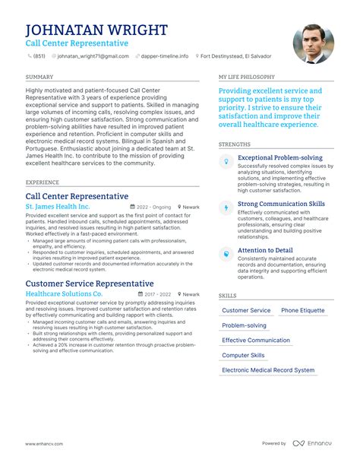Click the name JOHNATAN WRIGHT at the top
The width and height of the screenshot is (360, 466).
[96, 30]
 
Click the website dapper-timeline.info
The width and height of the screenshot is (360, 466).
[165, 56]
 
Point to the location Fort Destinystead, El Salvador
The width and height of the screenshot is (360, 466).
[236, 56]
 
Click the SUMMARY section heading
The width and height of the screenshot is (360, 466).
[39, 78]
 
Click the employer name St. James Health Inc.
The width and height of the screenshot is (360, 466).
[58, 206]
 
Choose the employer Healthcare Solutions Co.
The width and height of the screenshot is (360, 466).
[64, 293]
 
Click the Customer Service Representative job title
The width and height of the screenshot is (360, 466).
[89, 283]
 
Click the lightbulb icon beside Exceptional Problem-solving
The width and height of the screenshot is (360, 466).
[226, 162]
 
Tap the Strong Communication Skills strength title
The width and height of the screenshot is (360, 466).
[281, 204]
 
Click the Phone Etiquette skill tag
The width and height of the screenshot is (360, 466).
[302, 310]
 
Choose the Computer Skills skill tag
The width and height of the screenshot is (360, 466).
[243, 355]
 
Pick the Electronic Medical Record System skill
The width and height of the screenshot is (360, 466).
[268, 370]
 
